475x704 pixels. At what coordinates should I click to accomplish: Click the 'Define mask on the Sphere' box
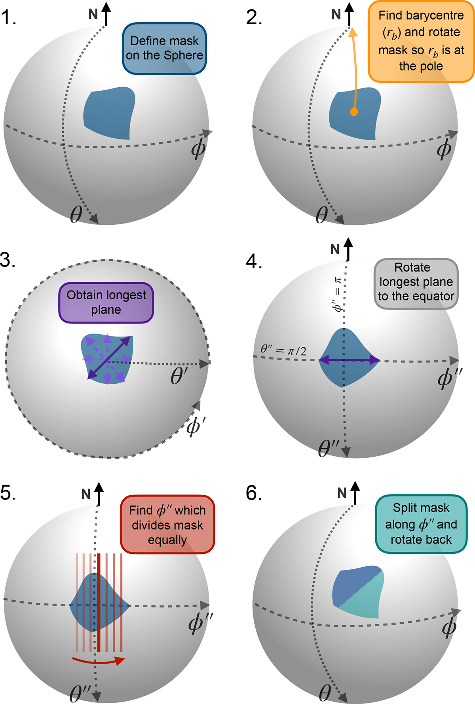coord(164,48)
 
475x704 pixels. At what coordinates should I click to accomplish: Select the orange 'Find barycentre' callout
coord(421,41)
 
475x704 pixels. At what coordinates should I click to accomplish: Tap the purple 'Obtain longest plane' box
coord(106,302)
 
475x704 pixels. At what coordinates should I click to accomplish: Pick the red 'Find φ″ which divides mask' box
coord(167,524)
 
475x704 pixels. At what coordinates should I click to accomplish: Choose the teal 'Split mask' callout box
coord(421,524)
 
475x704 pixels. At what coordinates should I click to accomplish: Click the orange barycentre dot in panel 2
coord(354,112)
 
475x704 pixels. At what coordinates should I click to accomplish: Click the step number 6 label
coord(253,493)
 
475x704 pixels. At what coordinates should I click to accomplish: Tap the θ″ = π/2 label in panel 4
coord(283,350)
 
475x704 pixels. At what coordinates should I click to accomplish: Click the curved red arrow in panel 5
coord(98,660)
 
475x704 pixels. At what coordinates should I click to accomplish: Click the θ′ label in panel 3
coord(179,377)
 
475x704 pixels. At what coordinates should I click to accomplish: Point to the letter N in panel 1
coord(93,14)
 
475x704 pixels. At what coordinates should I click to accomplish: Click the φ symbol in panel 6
coord(449,628)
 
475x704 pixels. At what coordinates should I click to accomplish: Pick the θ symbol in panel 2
coord(321,215)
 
